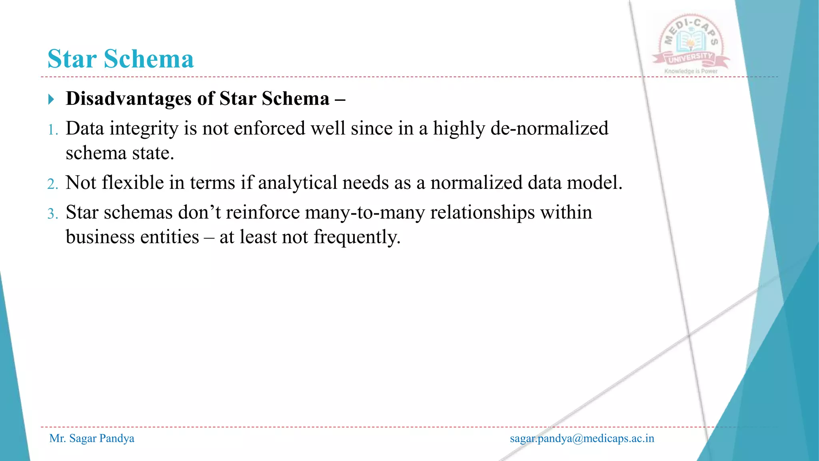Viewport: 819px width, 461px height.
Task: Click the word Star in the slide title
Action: tap(72, 59)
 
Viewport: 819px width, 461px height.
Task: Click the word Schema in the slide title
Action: tap(149, 59)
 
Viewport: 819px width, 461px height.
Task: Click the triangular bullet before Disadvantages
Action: tap(51, 99)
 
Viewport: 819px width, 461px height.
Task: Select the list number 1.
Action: tap(52, 130)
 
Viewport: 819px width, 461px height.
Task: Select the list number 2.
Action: tap(52, 184)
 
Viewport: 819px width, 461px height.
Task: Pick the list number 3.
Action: tap(52, 214)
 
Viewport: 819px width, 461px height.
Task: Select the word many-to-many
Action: tap(365, 212)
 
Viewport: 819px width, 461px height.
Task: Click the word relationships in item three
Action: tap(482, 212)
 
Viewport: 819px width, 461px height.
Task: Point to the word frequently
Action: tap(357, 237)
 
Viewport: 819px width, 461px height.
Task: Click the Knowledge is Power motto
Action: tap(691, 71)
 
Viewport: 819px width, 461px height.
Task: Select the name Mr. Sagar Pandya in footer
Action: tap(92, 439)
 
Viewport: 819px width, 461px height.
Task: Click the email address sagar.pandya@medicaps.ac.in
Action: tap(582, 439)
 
